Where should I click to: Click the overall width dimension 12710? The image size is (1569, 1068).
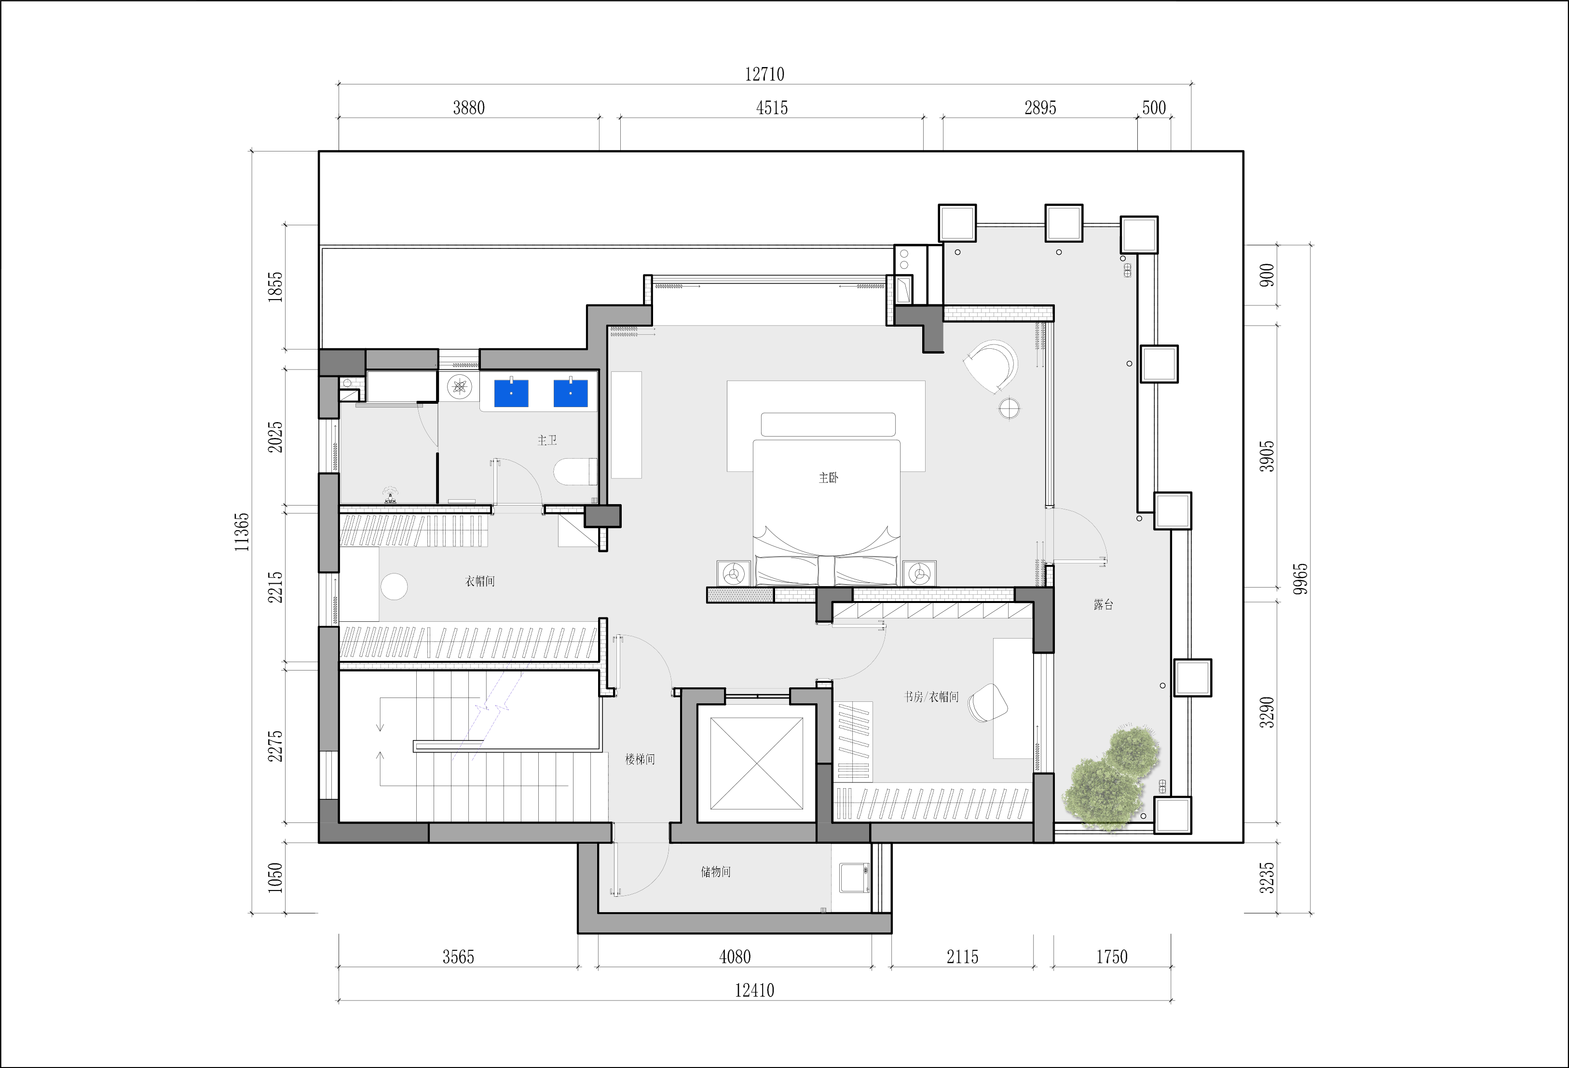coord(764,74)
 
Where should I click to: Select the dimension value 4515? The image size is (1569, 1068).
coord(772,108)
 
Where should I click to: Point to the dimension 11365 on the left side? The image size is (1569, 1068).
coord(242,532)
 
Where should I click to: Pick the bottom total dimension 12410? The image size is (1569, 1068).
coord(754,990)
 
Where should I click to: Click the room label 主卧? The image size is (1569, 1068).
coord(828,478)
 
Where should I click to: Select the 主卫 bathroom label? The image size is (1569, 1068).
coord(547,440)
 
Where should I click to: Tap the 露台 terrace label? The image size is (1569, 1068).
coord(1103,604)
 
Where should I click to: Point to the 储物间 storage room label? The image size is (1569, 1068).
coord(716,872)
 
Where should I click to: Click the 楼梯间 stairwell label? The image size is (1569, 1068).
coord(640,759)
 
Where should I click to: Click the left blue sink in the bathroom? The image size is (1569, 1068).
coord(511,394)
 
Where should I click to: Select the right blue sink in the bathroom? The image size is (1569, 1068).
coord(571,394)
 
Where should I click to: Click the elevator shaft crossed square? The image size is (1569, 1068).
coord(757,763)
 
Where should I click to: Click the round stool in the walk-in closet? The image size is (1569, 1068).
coord(394,587)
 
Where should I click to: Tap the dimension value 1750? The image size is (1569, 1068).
coord(1111,957)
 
